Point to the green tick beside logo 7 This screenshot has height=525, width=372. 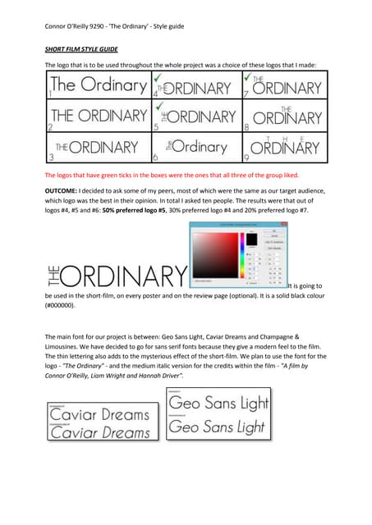[247, 76]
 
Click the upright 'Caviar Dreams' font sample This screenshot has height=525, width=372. [99, 414]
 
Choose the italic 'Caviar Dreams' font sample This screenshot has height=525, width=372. [99, 432]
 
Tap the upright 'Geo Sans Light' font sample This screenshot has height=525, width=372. [218, 404]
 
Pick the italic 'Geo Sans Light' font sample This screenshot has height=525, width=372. [218, 427]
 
